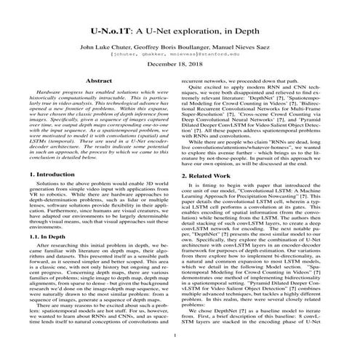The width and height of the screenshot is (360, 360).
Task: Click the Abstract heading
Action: (100, 81)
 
